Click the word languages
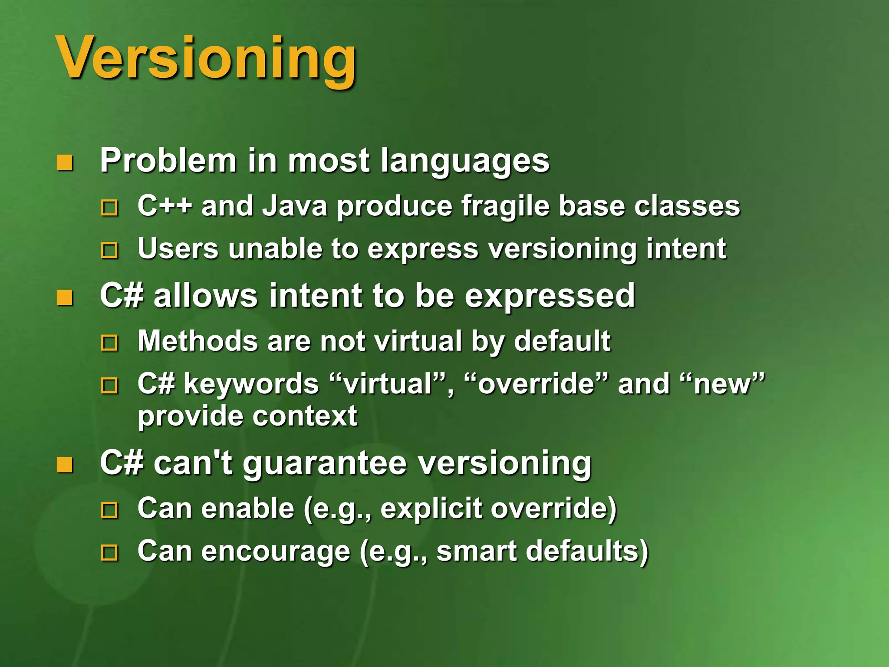click(465, 162)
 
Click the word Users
click(178, 249)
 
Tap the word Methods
click(198, 341)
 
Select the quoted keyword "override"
click(536, 384)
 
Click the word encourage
click(275, 552)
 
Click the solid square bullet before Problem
click(65, 163)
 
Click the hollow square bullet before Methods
click(109, 343)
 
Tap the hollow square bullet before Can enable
click(109, 510)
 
